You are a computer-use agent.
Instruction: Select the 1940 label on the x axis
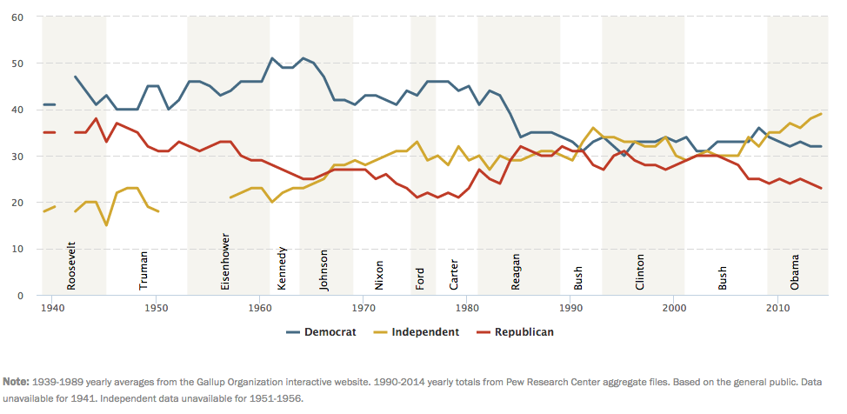[x=52, y=308]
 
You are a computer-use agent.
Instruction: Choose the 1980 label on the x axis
[x=466, y=308]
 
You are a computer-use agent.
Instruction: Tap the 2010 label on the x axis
[x=777, y=308]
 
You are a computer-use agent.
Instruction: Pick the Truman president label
[x=143, y=270]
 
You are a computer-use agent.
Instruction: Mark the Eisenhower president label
[x=225, y=261]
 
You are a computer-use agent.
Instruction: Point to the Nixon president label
[x=379, y=274]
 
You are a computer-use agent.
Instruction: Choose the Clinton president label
[x=640, y=271]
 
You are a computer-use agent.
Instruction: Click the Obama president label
[x=795, y=271]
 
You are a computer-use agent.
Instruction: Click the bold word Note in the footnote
[x=16, y=381]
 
